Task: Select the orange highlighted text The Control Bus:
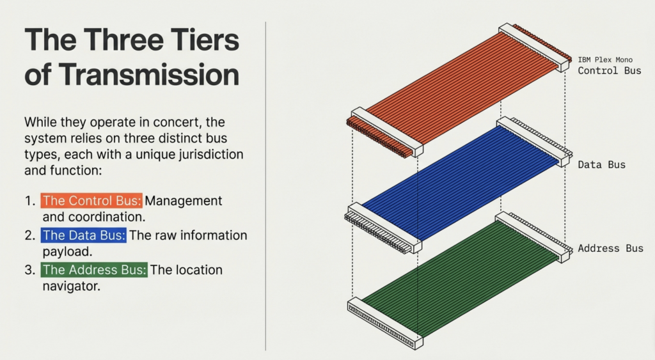tap(91, 201)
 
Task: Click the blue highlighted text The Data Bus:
tap(84, 235)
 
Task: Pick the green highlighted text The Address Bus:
tap(94, 270)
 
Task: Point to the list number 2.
tap(29, 235)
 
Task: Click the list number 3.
tap(29, 270)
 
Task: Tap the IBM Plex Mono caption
tap(605, 59)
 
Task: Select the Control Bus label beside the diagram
tap(610, 70)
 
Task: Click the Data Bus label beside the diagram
tap(601, 164)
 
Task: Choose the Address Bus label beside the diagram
tap(610, 248)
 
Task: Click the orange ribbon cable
tap(459, 90)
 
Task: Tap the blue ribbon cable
tap(459, 184)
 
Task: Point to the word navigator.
tap(71, 286)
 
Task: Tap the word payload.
tap(67, 252)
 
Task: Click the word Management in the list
tap(184, 201)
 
